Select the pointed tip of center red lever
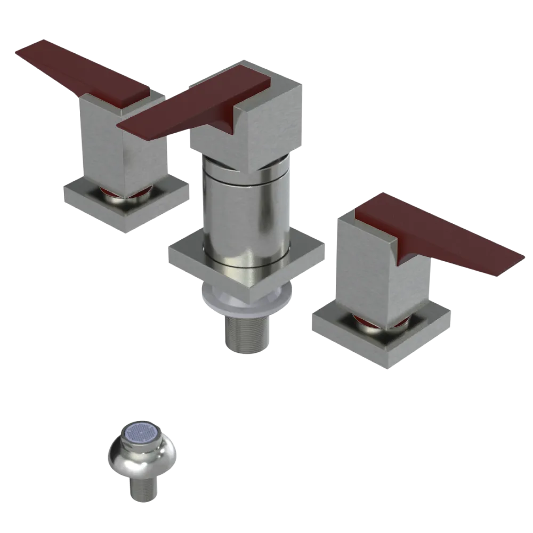122,126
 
